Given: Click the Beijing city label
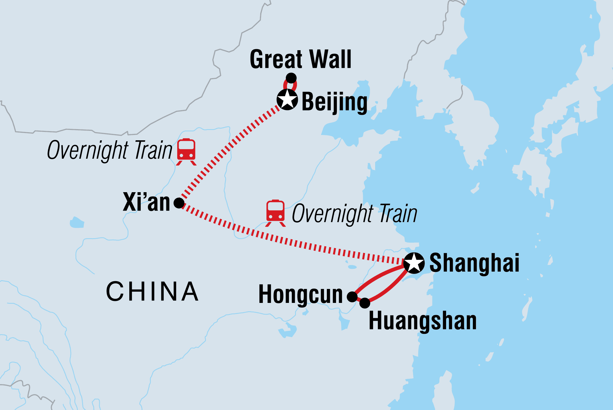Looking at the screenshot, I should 334,102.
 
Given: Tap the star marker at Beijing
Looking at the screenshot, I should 287,100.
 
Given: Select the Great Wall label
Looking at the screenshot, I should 300,59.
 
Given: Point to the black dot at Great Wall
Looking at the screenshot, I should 291,78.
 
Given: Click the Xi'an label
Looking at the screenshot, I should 146,202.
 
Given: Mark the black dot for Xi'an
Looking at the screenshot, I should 179,203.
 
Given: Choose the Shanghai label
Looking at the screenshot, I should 474,263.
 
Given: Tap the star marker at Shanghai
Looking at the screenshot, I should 414,263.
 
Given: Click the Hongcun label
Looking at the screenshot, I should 300,295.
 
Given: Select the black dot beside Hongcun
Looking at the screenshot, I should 352,297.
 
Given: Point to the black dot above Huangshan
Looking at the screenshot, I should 365,303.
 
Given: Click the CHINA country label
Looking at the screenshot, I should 152,291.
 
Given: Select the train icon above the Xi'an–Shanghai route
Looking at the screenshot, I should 275,213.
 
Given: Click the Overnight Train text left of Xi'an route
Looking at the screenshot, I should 110,151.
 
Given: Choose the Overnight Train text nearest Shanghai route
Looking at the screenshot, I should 354,214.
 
